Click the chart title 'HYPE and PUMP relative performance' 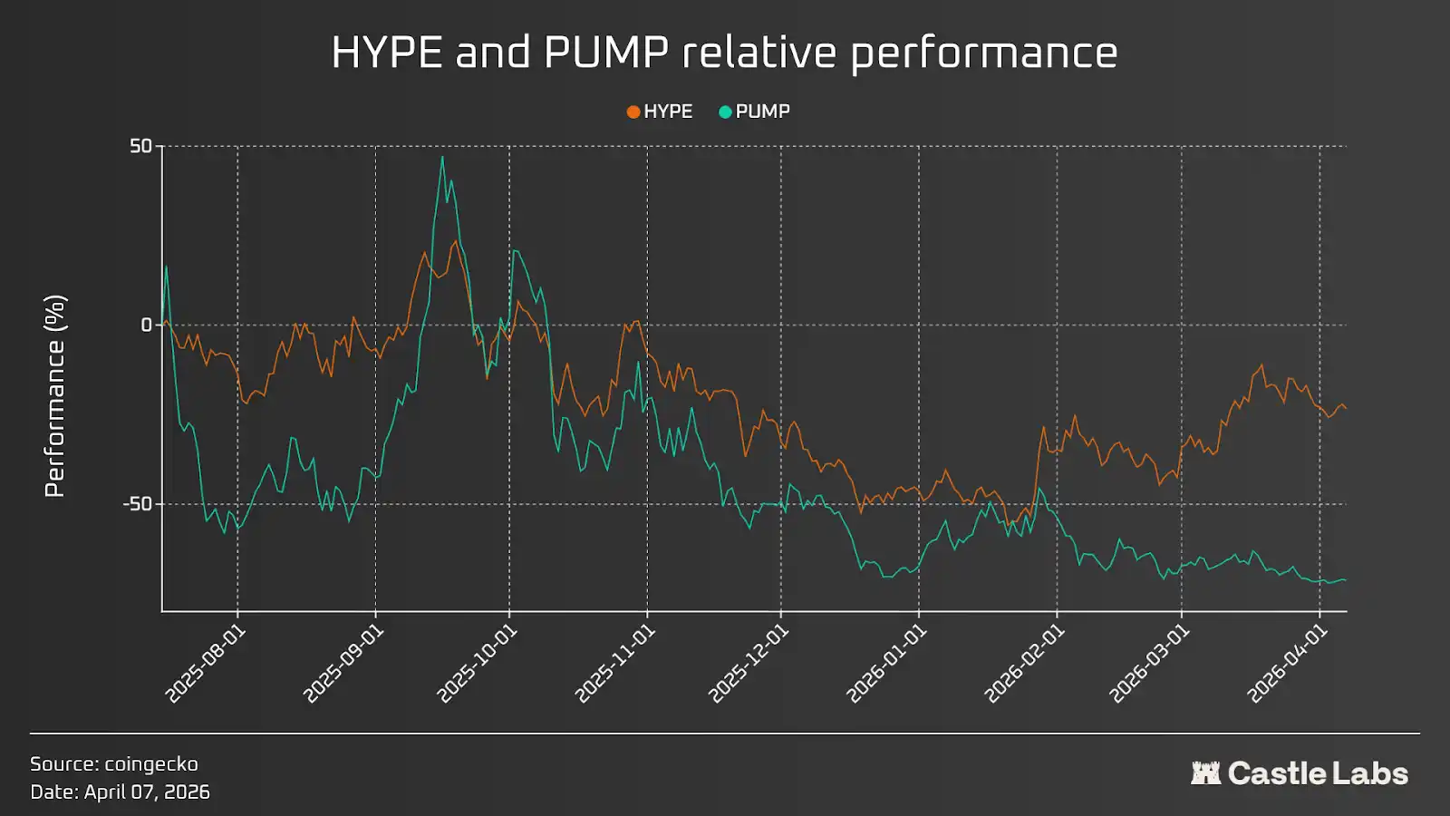724,53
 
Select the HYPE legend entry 660,112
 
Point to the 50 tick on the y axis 140,146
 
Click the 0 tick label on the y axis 147,325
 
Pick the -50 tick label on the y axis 138,504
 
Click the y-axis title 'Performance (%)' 54,396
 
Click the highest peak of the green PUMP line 442,158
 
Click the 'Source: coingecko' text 114,763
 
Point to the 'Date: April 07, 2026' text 120,792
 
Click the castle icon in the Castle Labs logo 1205,773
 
